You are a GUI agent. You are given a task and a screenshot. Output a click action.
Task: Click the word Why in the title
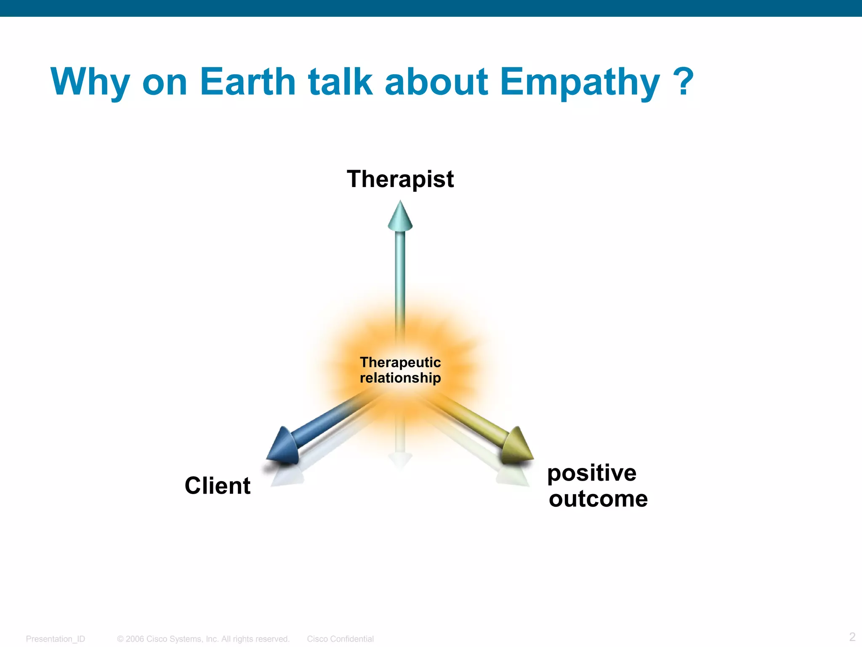coord(90,82)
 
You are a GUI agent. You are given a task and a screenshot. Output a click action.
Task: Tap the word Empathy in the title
coord(580,82)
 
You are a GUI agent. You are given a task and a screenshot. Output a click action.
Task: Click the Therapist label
coord(400,179)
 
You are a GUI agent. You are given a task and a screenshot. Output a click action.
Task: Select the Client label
coord(218,486)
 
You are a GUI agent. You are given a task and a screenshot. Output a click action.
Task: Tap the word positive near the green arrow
coord(592,473)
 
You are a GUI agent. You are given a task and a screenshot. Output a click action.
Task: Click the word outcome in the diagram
coord(598,499)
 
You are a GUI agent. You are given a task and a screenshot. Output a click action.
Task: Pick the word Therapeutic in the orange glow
coord(400,362)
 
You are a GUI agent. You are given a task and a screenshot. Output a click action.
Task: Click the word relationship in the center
coord(400,378)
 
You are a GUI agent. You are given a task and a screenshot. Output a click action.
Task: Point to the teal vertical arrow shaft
coord(400,278)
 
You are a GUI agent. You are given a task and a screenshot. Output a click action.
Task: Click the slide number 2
coord(852,636)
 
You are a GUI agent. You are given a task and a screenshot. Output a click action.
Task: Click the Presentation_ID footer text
coord(56,639)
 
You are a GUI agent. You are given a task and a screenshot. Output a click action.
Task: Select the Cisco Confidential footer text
coord(340,639)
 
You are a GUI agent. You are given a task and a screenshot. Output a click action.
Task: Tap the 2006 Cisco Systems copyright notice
coord(203,639)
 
